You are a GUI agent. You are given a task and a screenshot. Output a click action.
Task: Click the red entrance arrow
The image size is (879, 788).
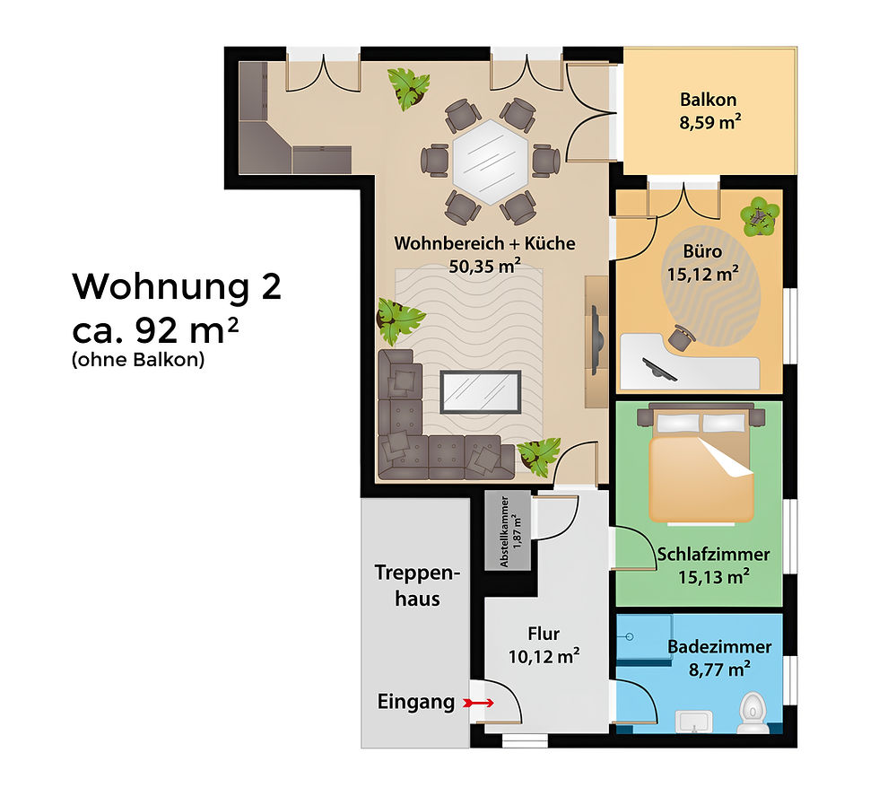[480, 704]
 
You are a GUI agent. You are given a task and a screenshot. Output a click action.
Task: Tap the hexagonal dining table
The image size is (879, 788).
[491, 162]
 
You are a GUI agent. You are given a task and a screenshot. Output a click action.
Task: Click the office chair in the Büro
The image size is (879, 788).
[681, 337]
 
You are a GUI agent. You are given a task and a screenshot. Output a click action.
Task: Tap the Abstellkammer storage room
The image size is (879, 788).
[508, 531]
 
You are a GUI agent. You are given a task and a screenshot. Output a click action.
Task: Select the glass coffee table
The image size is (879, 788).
[481, 390]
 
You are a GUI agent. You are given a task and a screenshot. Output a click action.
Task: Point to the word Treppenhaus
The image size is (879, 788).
[417, 585]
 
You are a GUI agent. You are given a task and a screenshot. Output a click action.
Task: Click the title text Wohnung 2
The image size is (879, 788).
[177, 287]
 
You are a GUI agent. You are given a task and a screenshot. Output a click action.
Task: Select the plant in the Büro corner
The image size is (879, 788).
[760, 215]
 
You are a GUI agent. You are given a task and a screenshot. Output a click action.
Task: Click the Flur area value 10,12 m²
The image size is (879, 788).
[543, 656]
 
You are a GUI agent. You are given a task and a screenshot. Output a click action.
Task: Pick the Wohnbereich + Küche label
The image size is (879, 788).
[485, 243]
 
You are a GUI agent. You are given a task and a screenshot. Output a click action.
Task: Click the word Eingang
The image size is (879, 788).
[415, 703]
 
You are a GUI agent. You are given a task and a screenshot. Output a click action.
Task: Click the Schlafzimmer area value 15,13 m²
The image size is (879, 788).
[713, 576]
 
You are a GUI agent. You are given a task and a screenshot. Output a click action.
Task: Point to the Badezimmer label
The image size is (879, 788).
[719, 646]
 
